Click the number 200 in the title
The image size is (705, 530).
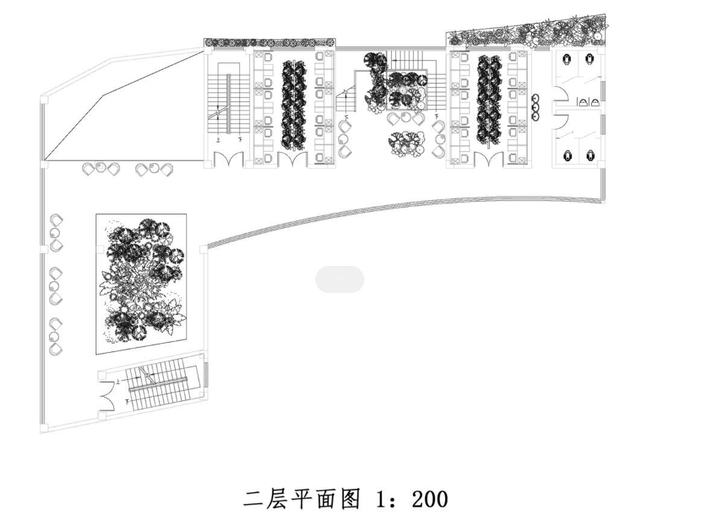pos(430,499)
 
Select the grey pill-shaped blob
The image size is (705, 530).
pos(340,279)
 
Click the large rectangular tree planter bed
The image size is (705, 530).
pos(141,283)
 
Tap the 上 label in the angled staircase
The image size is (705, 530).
pos(118,381)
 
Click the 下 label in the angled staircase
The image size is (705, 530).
pos(127,400)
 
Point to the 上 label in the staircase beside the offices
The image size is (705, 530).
pos(218,139)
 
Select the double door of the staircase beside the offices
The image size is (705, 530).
pos(229,160)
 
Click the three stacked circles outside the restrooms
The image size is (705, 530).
pos(536,107)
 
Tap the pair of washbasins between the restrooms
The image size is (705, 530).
pos(588,102)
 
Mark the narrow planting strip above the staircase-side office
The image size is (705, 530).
pos(270,43)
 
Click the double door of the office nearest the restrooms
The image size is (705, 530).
pos(488,159)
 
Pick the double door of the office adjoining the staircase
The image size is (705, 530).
pos(292,160)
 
